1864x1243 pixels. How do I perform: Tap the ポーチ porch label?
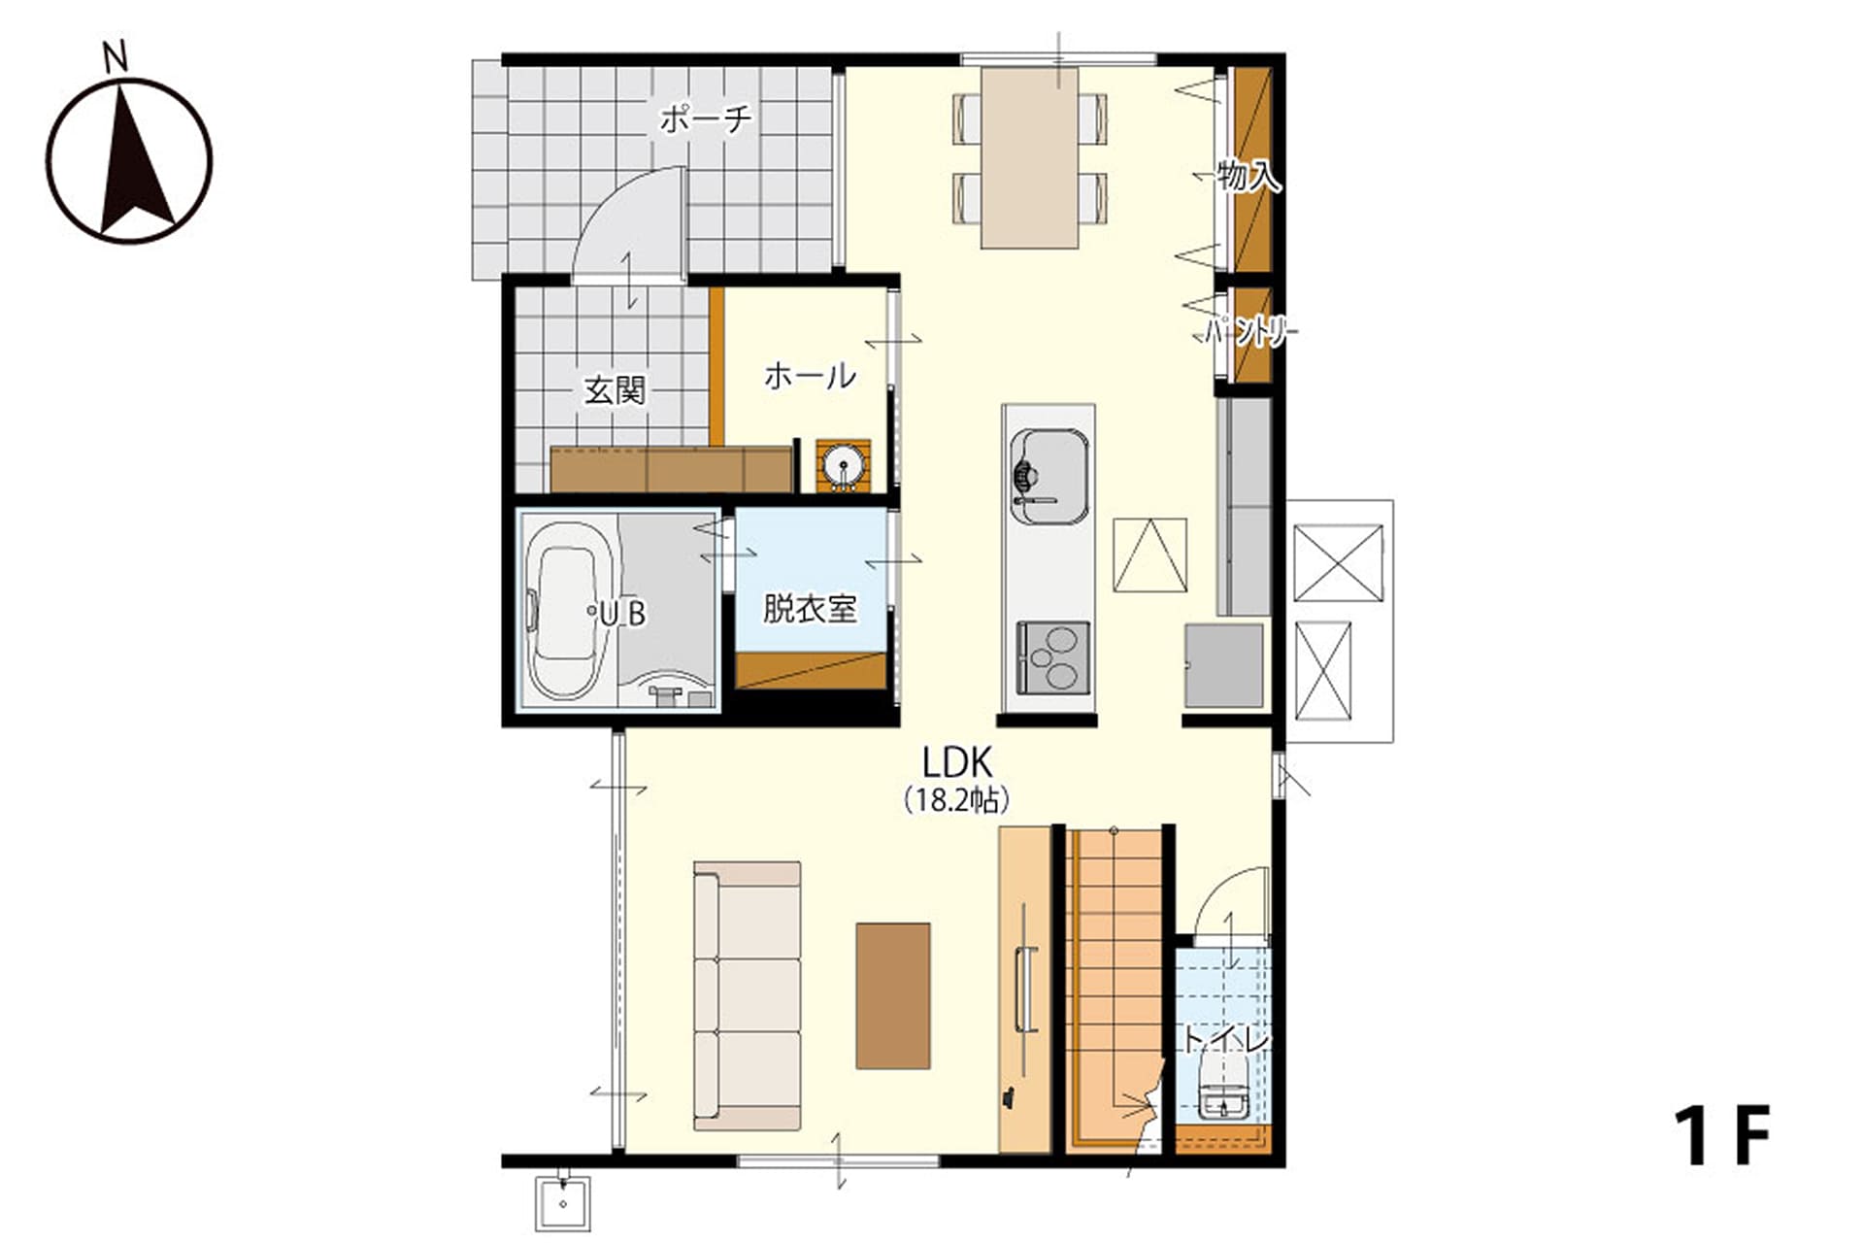pyautogui.click(x=706, y=119)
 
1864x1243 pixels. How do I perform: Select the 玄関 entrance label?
pyautogui.click(x=615, y=390)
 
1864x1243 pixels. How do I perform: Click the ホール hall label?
pyautogui.click(x=810, y=376)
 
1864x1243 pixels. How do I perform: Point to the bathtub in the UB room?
pyautogui.click(x=571, y=611)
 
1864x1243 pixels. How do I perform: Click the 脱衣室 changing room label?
pyautogui.click(x=810, y=609)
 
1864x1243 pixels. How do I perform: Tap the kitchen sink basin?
pyautogui.click(x=1048, y=476)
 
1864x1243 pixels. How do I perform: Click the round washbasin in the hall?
pyautogui.click(x=842, y=465)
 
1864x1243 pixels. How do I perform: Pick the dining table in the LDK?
pyautogui.click(x=1029, y=157)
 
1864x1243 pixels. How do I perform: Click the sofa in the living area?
pyautogui.click(x=747, y=995)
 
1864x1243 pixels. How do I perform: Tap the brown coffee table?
pyautogui.click(x=893, y=995)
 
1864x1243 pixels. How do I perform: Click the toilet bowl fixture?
pyautogui.click(x=1222, y=1088)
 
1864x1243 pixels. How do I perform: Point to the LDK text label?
pyautogui.click(x=955, y=763)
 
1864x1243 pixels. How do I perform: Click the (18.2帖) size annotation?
pyautogui.click(x=956, y=800)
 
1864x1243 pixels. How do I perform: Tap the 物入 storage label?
pyautogui.click(x=1248, y=177)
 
